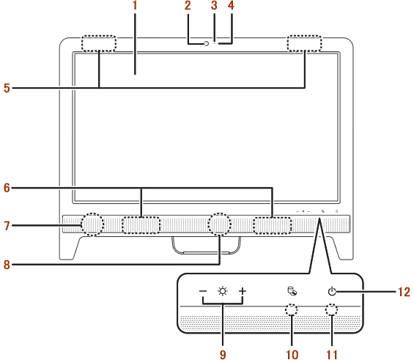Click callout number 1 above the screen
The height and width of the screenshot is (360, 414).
135,6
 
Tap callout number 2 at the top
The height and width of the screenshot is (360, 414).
188,6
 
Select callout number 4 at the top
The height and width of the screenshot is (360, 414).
232,6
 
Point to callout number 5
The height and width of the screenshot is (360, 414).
7,88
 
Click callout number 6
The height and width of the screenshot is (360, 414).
7,188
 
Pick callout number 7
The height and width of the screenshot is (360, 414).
7,226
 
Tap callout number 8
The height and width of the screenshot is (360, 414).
7,265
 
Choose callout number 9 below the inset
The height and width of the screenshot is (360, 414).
223,355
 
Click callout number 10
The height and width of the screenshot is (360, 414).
292,355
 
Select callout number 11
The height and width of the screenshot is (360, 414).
332,355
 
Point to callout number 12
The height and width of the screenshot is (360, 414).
404,292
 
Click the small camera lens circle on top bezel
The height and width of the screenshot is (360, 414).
207,43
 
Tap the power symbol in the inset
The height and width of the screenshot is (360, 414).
332,291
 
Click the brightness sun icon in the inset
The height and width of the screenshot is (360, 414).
223,291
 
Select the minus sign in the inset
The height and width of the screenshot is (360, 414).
203,291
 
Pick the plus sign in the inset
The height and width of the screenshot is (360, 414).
243,291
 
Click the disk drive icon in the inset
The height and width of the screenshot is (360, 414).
292,291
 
